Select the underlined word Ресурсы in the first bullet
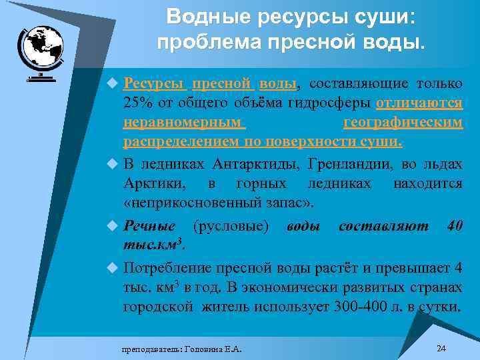click(153, 84)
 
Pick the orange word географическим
click(403, 123)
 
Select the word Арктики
click(149, 183)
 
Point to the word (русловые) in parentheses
click(231, 226)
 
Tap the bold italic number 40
click(455, 226)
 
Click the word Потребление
click(167, 269)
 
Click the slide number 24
click(441, 348)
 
